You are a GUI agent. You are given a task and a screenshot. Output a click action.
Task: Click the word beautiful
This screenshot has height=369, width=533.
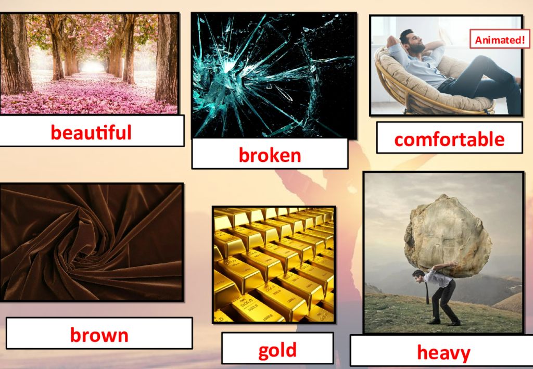tap(91, 132)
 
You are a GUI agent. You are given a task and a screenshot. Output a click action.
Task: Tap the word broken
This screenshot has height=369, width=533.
tap(270, 155)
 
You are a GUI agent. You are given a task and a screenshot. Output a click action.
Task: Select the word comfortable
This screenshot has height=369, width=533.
tap(449, 139)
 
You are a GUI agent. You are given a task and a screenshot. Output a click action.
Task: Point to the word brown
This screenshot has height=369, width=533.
tap(99, 335)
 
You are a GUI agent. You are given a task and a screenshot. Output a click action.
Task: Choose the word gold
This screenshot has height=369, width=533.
tap(277, 350)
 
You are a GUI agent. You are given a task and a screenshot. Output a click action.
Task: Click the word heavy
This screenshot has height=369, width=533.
tap(444, 352)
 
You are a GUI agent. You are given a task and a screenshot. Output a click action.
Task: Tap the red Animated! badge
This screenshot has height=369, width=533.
tap(500, 40)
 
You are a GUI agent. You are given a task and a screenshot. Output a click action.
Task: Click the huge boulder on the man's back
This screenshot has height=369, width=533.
tap(448, 235)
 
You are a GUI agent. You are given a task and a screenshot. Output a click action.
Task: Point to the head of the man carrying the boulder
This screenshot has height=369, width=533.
tap(419, 276)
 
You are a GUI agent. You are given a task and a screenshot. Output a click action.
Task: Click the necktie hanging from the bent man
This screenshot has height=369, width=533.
tap(427, 292)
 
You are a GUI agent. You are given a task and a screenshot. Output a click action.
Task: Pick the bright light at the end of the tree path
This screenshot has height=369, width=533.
tap(92, 66)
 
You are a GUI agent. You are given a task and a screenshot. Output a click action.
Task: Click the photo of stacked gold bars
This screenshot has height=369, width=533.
tap(274, 265)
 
